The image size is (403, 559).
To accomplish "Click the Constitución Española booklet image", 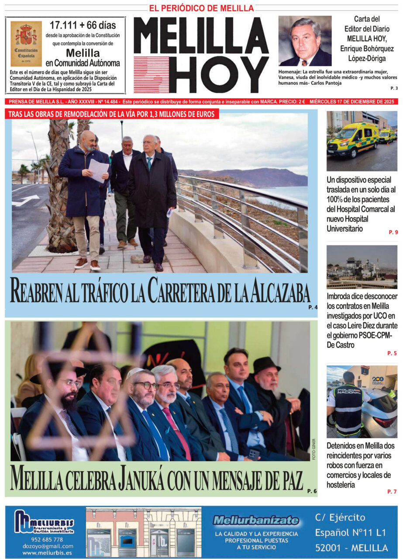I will (x=26, y=44).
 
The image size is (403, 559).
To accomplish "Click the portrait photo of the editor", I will (x=305, y=41).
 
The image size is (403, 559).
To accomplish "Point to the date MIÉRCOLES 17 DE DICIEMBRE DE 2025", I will (x=353, y=101).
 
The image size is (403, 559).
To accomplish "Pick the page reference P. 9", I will (x=393, y=232).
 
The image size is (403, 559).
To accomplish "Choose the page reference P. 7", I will (x=392, y=492).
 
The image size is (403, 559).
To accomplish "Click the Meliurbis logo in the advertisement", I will (x=44, y=522).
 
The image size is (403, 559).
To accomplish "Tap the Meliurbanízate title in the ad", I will (x=256, y=521).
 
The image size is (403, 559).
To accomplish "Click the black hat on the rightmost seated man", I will (x=266, y=364).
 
